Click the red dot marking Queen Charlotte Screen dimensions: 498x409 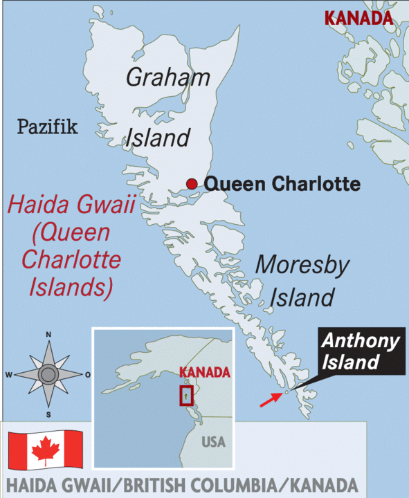pos(192,183)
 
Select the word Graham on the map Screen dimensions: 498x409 pos(168,77)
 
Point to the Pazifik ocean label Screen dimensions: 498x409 pos(47,127)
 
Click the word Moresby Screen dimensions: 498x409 pos(303,265)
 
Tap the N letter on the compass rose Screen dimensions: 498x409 pos(48,335)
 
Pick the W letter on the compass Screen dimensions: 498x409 pos(9,375)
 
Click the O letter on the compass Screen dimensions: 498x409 pos(87,375)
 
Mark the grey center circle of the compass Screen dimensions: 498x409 pos(48,375)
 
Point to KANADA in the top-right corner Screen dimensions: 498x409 pos(358,17)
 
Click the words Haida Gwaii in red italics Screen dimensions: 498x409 pos(70,205)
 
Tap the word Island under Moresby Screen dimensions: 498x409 pos(302,297)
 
